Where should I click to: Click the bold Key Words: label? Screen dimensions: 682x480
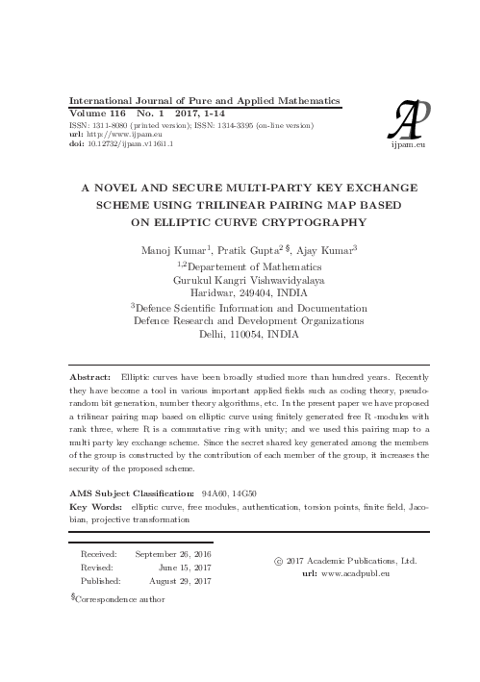pos(100,505)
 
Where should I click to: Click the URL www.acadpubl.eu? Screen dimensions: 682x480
pos(356,572)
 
